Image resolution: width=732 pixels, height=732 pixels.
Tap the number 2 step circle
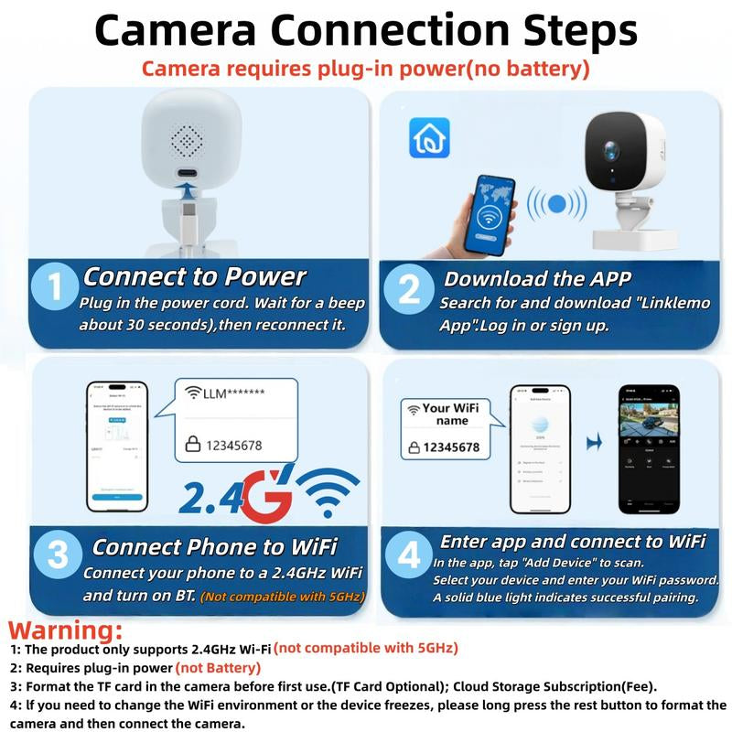(x=409, y=289)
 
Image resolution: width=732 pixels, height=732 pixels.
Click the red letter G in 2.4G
(x=269, y=497)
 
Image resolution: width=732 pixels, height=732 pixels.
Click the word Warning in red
(x=65, y=630)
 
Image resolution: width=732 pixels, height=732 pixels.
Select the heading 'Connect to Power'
(x=194, y=276)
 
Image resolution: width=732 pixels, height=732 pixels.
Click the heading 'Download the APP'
(x=537, y=278)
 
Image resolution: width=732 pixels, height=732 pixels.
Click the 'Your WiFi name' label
(x=447, y=414)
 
